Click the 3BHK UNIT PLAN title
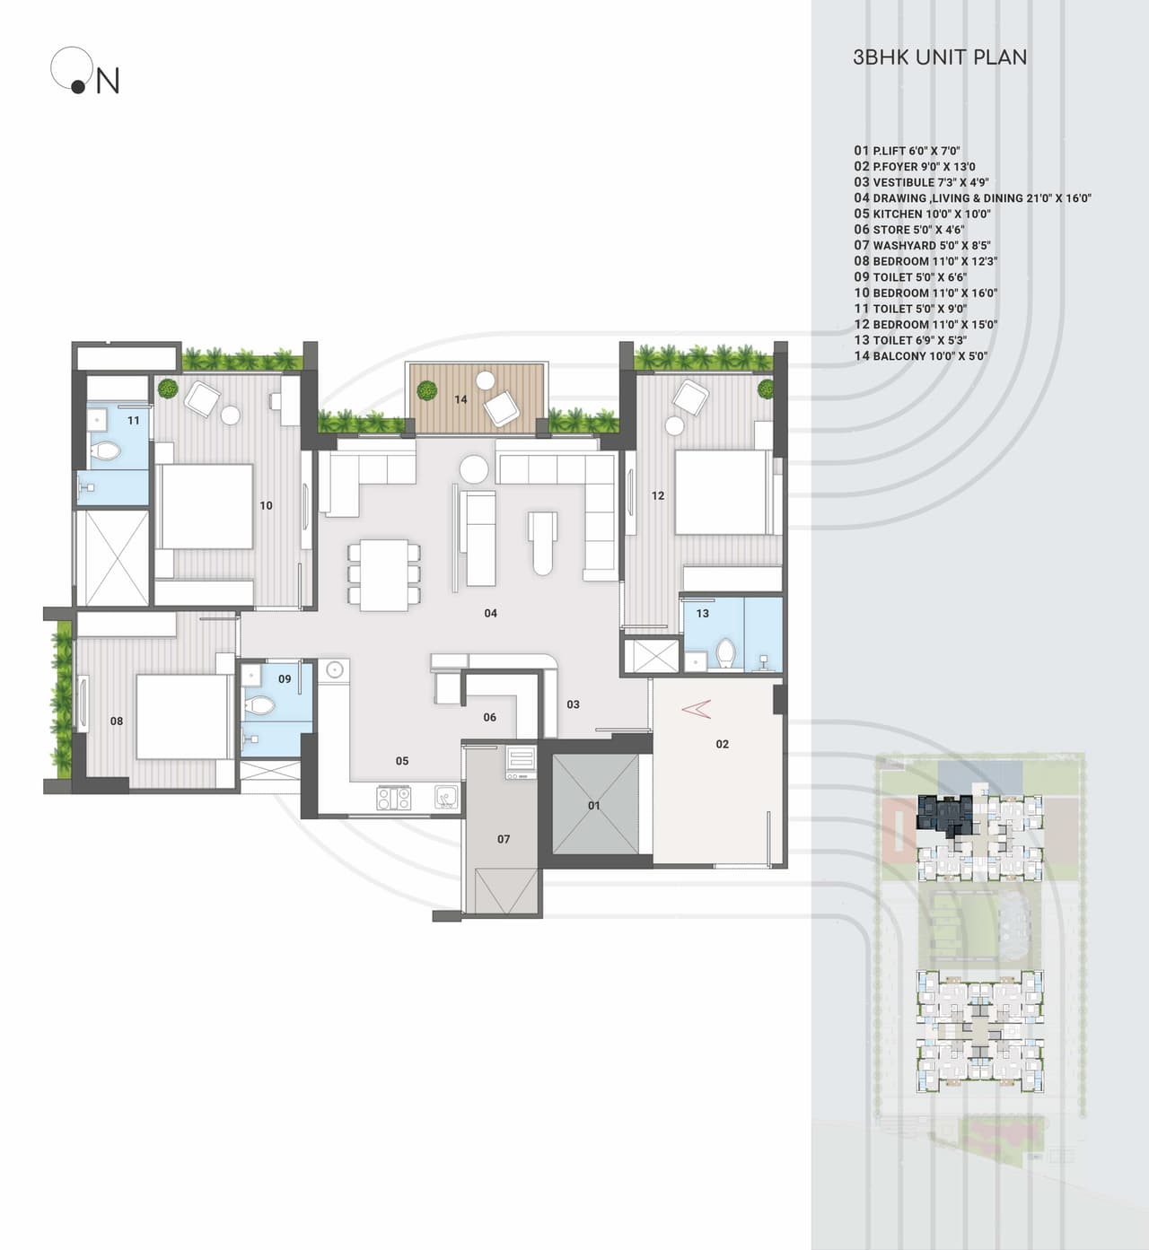click(939, 57)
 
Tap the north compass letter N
click(108, 82)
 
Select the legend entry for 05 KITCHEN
click(922, 214)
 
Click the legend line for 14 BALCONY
click(920, 356)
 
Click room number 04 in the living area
click(490, 614)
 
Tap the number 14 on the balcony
click(460, 399)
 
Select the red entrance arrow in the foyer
click(696, 709)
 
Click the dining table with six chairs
click(384, 574)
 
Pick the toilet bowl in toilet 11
click(106, 450)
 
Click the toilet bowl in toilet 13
click(725, 654)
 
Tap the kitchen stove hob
click(393, 797)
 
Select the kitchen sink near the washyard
click(445, 797)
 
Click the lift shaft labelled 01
click(594, 805)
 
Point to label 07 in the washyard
click(504, 840)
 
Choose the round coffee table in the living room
click(473, 468)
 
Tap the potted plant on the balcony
click(426, 390)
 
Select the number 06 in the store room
click(489, 718)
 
